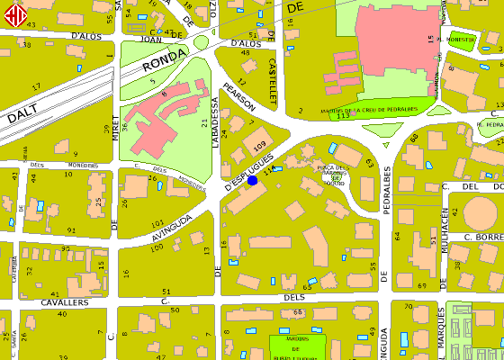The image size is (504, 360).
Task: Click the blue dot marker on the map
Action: point(252,180)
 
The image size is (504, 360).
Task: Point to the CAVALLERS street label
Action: point(65,303)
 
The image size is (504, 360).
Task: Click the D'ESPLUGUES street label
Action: point(242,176)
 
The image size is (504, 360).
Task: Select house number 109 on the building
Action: point(260,145)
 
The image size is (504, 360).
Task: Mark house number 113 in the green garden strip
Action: point(342,117)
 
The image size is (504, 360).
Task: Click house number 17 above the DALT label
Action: point(37,86)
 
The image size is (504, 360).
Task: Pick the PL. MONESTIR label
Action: point(455,40)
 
